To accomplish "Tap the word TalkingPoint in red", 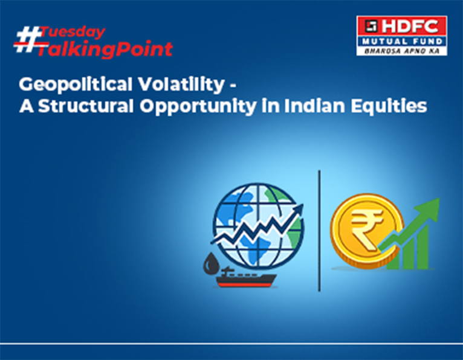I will point(104,49).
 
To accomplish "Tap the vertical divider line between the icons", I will point(319,230).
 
